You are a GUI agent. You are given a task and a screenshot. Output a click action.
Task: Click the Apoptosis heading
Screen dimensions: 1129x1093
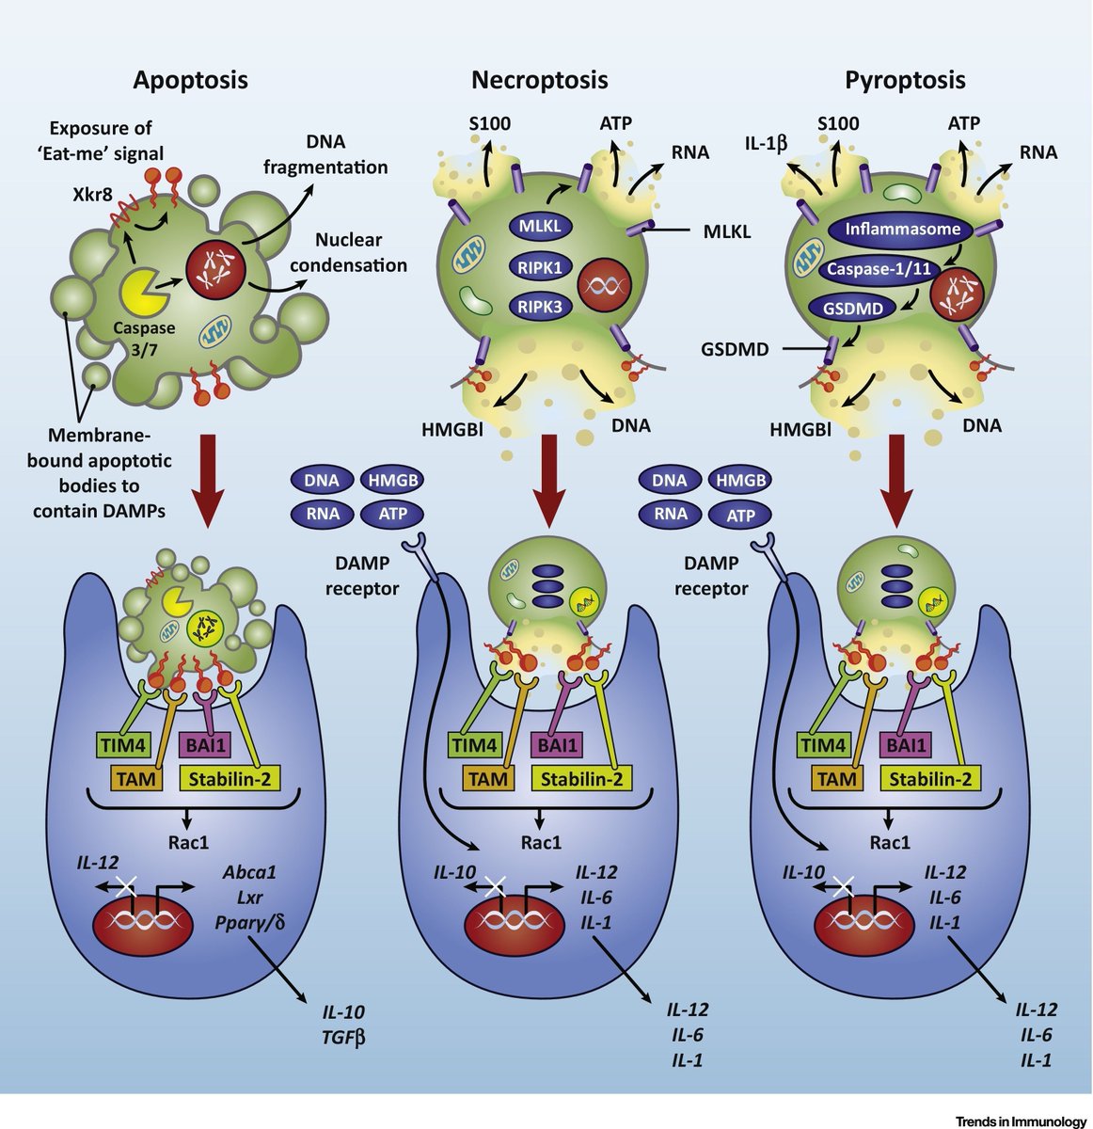tap(190, 79)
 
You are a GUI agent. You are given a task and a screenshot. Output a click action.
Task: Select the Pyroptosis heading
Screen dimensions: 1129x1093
tap(905, 79)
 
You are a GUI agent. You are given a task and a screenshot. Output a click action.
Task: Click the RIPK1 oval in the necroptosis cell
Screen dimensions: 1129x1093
tap(539, 267)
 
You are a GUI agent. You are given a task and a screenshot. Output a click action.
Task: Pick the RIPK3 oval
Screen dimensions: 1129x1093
tap(539, 305)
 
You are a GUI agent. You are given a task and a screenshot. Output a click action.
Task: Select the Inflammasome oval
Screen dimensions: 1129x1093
tap(903, 229)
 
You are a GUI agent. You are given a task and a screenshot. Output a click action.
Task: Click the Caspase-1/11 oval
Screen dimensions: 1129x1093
tap(879, 268)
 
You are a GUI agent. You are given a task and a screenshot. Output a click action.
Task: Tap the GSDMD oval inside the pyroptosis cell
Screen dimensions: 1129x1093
tap(853, 308)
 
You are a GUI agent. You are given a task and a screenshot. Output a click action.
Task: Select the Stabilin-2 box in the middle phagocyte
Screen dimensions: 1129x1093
tap(580, 778)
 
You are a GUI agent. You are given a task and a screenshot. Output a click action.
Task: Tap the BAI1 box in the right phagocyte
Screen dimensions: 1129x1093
tap(907, 746)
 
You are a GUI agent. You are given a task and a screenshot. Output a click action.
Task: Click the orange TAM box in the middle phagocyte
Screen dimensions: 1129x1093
tap(488, 778)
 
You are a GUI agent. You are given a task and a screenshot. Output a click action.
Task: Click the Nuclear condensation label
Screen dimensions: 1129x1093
tap(348, 252)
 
